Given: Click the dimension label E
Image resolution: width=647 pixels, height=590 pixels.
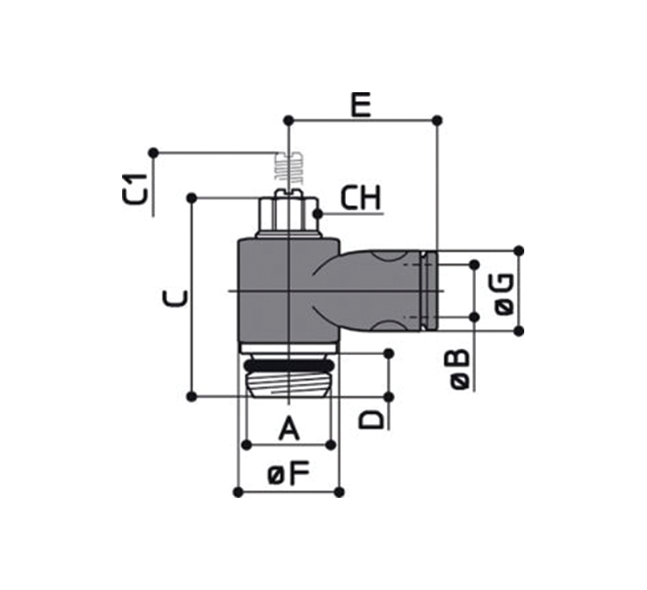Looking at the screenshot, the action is point(361,105).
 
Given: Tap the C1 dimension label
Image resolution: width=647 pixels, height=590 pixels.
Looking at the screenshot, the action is point(136,189).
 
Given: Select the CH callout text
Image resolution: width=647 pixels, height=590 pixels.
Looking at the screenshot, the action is point(360,197).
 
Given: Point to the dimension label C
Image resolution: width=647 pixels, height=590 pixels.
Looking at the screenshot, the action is point(176,299).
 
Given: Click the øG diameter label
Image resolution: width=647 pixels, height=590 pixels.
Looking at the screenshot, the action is point(504,294).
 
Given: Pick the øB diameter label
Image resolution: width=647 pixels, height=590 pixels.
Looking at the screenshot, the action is point(460,370).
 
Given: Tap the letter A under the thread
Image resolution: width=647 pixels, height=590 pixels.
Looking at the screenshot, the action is point(289,429).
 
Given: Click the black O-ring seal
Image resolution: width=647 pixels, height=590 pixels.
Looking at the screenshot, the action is point(289,366).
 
